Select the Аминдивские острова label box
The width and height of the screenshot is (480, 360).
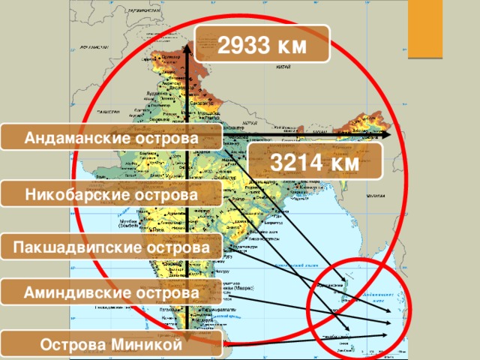coord(111,292)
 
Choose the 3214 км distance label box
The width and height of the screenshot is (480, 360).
coord(315,162)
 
